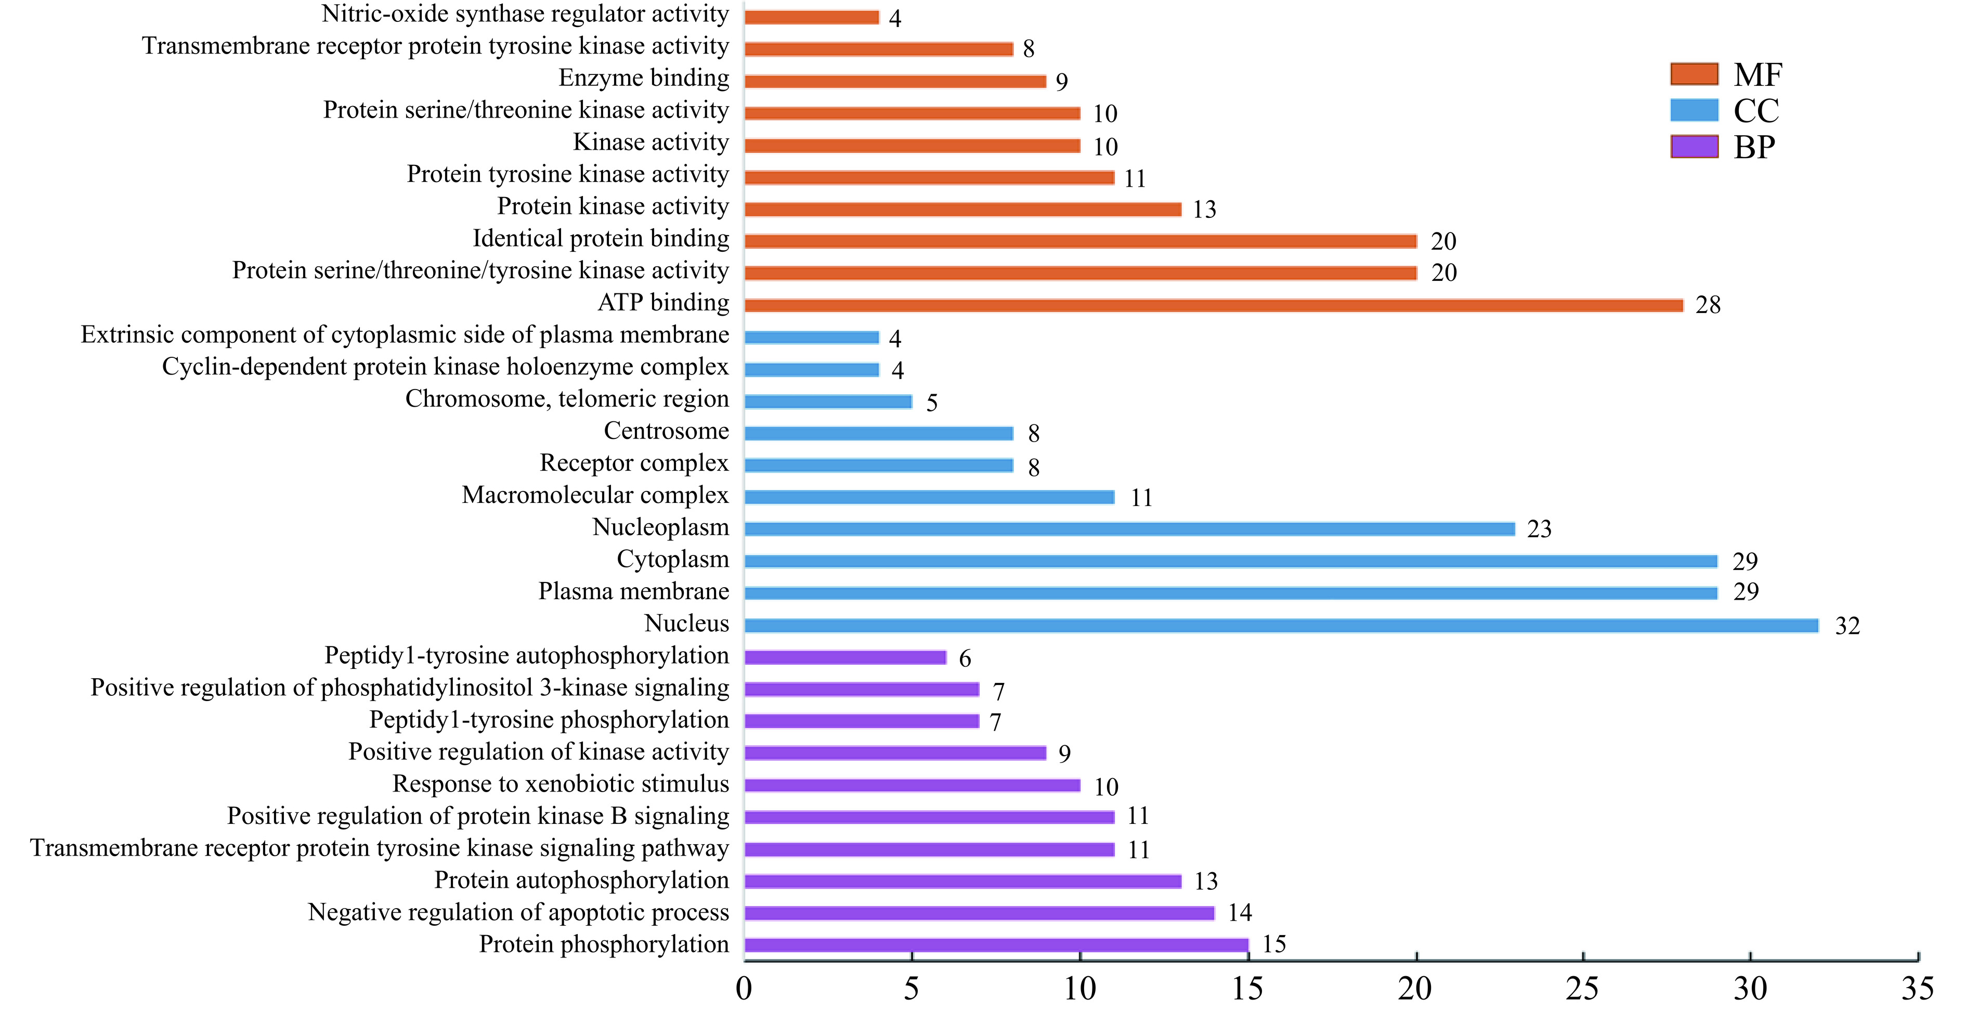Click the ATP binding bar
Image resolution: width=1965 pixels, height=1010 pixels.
coord(1213,305)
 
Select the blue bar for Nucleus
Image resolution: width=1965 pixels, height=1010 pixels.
coord(1282,626)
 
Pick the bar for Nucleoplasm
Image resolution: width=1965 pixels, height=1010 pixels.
coord(1129,528)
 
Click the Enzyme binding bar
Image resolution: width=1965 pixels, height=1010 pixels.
coord(895,81)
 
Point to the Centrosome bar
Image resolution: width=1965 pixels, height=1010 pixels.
coord(879,433)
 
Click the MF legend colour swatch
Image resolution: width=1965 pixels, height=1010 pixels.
coord(1694,74)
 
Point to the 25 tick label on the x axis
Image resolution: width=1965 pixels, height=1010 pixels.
coord(1582,989)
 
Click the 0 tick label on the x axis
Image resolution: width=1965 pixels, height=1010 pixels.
coord(744,989)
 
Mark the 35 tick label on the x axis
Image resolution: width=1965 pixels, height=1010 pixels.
coord(1917,989)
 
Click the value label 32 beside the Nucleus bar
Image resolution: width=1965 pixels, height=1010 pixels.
coord(1847,626)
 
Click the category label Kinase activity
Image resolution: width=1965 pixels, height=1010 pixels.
coord(650,143)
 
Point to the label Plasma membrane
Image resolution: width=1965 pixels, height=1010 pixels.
coord(633,592)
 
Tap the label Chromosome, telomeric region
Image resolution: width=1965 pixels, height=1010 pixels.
coord(567,399)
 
